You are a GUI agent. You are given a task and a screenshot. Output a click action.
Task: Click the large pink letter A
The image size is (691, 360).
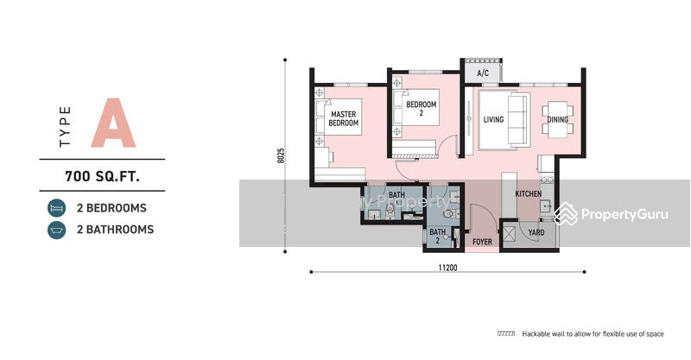(115, 124)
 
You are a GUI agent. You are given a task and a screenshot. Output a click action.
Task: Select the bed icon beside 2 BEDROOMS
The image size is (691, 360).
(56, 208)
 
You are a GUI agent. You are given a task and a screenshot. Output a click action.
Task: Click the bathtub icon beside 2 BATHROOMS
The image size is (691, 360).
(56, 230)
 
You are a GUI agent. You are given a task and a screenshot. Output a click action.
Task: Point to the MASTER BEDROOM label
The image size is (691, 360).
(343, 118)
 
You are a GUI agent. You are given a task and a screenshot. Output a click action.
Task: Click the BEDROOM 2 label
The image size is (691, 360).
(422, 109)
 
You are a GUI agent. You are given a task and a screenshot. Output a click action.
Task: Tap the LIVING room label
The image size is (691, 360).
(493, 120)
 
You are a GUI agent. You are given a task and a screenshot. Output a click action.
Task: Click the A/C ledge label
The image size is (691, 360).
(483, 73)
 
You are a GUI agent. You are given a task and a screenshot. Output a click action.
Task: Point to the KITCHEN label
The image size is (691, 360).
(529, 194)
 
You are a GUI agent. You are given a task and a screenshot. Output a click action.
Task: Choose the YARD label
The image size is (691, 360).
(536, 232)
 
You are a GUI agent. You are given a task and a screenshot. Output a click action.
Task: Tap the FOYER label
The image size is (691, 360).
(482, 243)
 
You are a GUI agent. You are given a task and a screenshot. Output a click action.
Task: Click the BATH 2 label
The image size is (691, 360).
(438, 236)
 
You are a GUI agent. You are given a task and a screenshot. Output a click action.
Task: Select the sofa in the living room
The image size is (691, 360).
(517, 120)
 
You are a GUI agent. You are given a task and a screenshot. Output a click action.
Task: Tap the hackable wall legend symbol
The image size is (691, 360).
(506, 333)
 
